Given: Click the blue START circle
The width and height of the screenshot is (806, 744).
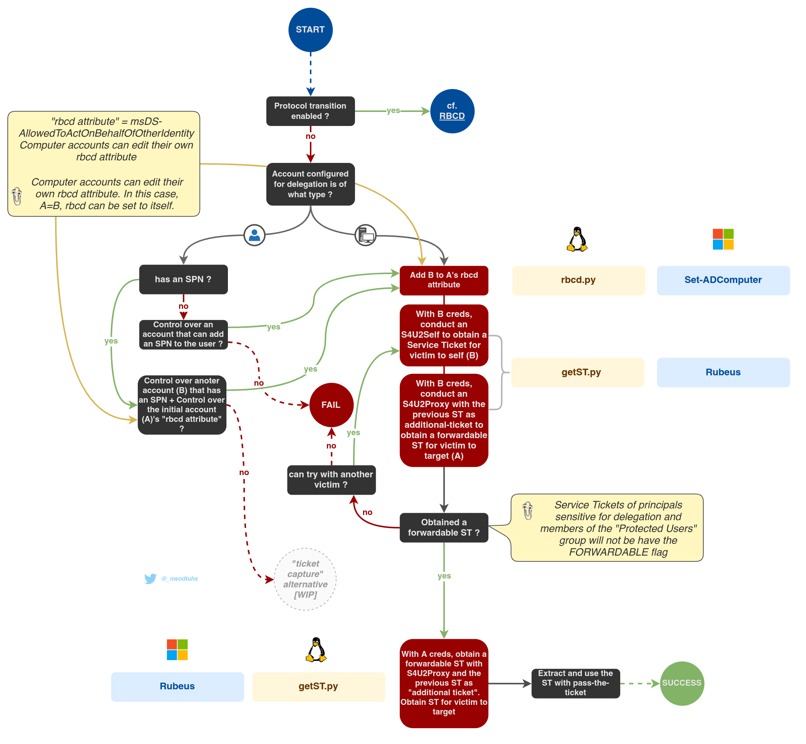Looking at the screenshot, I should tap(310, 30).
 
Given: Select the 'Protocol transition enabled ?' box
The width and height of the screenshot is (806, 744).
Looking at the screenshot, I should tap(310, 111).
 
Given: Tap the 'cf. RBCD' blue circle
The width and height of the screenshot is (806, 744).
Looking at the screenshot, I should tap(452, 111).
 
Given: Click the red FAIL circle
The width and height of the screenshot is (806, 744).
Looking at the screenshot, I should tap(331, 405).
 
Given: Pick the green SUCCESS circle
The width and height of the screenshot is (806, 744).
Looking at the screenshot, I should tap(682, 683).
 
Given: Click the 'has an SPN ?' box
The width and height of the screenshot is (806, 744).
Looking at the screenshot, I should tap(183, 279).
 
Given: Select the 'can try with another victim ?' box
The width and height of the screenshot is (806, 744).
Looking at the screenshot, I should tap(331, 480).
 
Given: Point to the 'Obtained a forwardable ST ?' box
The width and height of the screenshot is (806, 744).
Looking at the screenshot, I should tap(444, 528).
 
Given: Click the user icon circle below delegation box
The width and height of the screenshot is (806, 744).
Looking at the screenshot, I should tap(255, 235).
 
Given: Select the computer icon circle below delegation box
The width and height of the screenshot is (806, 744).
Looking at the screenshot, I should tap(365, 235).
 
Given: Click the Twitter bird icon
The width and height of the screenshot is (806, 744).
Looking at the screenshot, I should tap(150, 579).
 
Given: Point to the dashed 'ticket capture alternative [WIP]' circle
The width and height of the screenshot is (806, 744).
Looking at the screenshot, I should tap(305, 579).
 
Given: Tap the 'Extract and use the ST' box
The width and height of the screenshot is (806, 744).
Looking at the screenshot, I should tap(575, 683).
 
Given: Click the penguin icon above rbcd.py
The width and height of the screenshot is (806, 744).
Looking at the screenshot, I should tap(577, 239).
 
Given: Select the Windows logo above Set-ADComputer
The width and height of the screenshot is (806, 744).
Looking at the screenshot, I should tap(723, 239).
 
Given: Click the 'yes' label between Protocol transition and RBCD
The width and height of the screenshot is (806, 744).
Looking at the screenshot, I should tap(393, 111).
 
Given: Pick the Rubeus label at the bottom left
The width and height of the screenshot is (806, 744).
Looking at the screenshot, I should tap(177, 686).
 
